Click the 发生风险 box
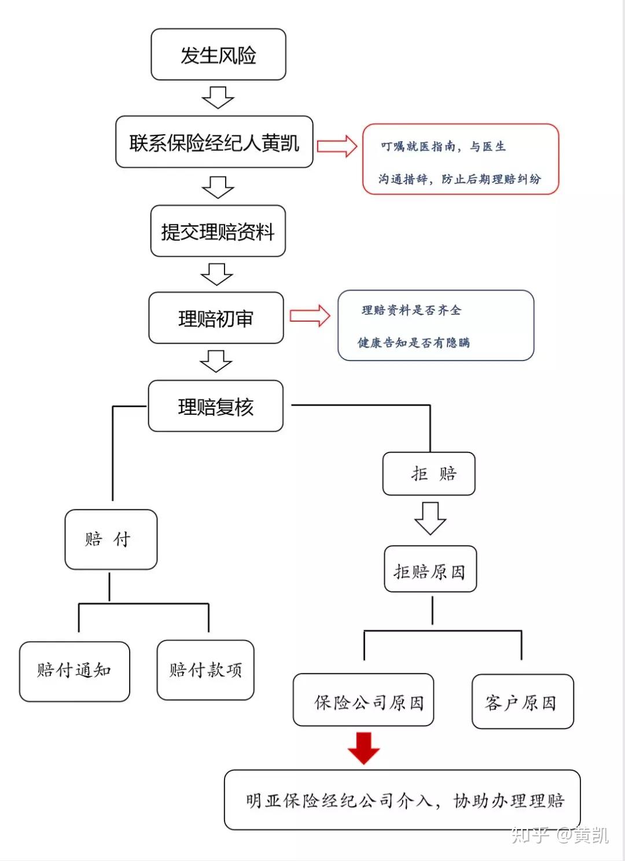click(x=218, y=55)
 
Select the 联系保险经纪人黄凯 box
click(x=214, y=142)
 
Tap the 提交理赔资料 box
click(x=218, y=231)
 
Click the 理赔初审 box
click(x=216, y=318)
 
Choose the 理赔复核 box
click(x=215, y=406)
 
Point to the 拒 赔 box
click(x=429, y=474)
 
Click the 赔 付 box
click(x=111, y=539)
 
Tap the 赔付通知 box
click(x=74, y=671)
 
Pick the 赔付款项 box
click(x=205, y=670)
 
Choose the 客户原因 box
click(x=523, y=701)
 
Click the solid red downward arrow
click(x=363, y=748)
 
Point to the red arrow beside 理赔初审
click(x=310, y=316)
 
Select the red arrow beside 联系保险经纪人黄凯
click(x=337, y=146)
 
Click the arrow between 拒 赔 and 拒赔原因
click(x=430, y=518)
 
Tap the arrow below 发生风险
click(x=218, y=97)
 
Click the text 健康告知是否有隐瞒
click(x=413, y=343)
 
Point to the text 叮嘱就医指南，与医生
click(x=443, y=146)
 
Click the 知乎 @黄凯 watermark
click(x=559, y=834)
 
